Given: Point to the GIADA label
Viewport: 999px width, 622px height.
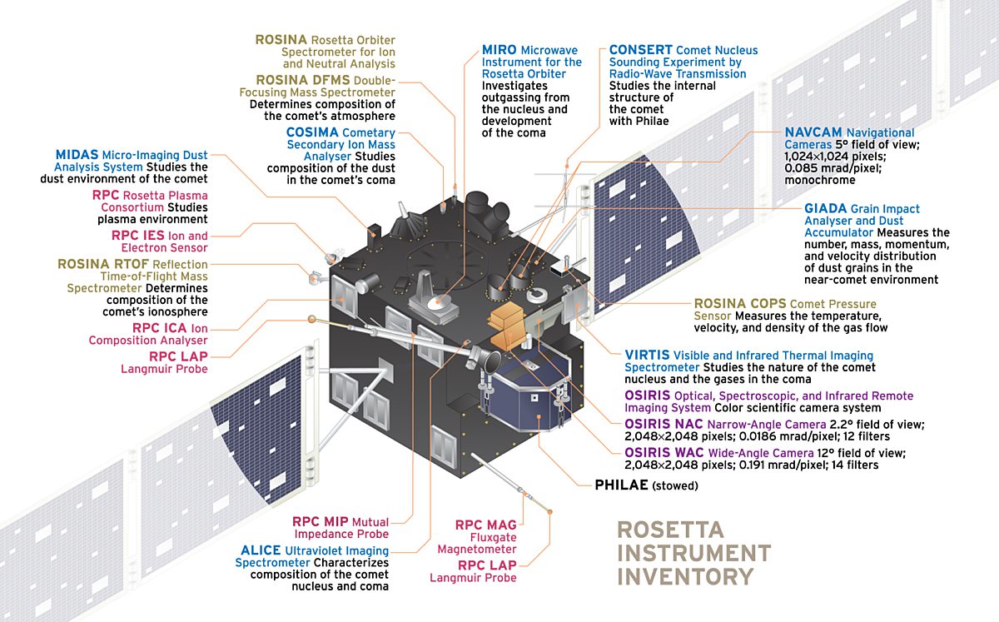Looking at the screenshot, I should tap(825, 208).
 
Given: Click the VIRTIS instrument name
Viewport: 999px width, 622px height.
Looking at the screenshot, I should tap(647, 356).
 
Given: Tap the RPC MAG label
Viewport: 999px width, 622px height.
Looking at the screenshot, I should tap(485, 525).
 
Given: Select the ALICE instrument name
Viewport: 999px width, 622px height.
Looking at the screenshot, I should tap(266, 550).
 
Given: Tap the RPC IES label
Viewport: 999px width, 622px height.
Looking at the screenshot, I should tap(138, 236).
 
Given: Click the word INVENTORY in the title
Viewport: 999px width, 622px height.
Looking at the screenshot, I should tap(684, 575).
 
